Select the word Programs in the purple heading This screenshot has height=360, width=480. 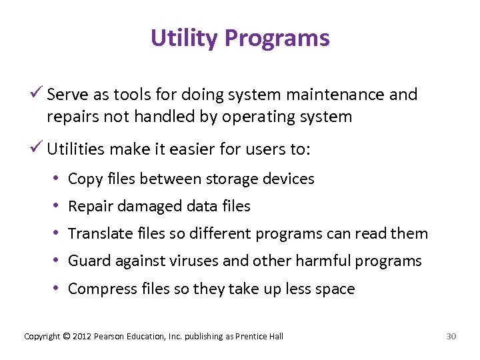(277, 38)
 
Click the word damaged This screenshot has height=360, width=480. (146, 207)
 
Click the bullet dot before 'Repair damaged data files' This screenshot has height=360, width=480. (59, 206)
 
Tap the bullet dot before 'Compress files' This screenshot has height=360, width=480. (59, 289)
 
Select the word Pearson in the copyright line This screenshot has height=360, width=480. (109, 337)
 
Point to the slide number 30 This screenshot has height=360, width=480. (451, 337)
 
